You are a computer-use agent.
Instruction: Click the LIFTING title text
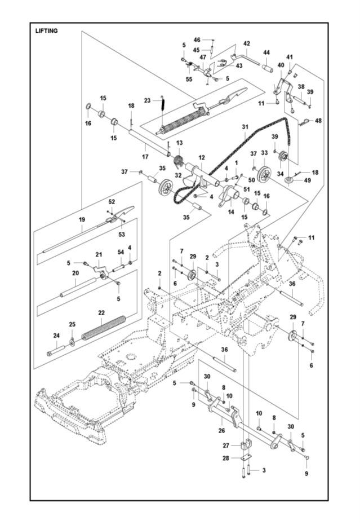coord(46,31)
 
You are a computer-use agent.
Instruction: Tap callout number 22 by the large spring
coord(101,313)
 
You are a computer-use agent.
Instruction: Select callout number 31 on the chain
coord(245,127)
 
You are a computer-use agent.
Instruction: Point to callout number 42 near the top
coord(246,43)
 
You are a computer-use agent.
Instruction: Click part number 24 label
coord(56,336)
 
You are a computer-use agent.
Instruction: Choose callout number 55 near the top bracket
coord(189,80)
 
